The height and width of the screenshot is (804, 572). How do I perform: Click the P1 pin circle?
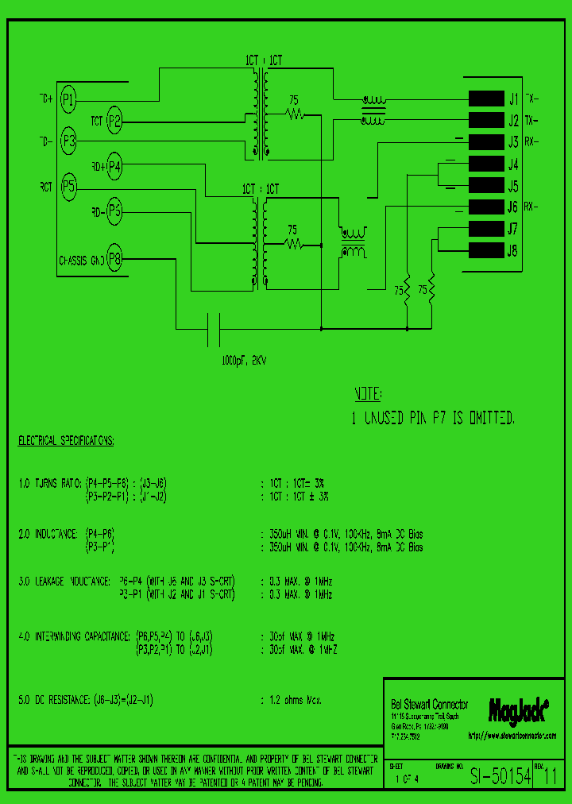click(69, 99)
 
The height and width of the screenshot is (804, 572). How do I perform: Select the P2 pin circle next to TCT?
click(114, 121)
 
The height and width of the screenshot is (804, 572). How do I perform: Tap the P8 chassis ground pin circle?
click(114, 259)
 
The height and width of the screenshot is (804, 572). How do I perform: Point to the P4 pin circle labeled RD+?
click(114, 166)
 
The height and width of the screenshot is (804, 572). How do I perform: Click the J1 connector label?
click(512, 99)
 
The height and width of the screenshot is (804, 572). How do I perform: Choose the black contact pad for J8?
click(485, 251)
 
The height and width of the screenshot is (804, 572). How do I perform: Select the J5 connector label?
click(512, 187)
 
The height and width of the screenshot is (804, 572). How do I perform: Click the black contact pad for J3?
click(485, 143)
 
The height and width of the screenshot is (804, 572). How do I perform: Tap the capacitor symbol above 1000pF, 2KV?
click(214, 328)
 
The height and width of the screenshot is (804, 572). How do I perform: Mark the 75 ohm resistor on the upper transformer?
click(295, 114)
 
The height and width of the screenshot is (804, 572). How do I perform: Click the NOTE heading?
click(368, 395)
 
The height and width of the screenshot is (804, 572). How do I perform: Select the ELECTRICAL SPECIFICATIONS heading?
click(66, 440)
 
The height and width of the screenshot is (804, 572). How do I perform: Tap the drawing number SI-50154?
click(500, 778)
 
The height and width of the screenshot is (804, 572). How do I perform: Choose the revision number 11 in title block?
click(550, 778)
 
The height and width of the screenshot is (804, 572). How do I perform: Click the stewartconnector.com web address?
click(512, 736)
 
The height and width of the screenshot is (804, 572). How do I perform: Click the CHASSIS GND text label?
click(81, 260)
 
